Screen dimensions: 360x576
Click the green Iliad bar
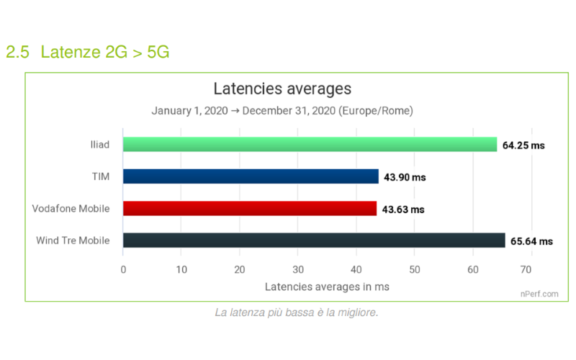coord(310,145)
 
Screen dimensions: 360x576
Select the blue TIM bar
coord(251,176)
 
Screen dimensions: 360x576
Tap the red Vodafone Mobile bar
coord(250,209)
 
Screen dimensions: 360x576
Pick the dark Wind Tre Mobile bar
coord(314,240)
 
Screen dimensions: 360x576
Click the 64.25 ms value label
coord(523,145)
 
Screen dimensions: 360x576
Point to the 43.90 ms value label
coord(405,177)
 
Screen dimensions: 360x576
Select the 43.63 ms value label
coord(403,210)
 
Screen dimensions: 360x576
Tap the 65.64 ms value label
coord(532,241)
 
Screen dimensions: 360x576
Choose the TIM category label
coord(99,176)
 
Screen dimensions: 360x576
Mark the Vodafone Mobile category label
coord(71,209)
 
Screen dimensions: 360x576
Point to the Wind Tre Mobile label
coord(73,240)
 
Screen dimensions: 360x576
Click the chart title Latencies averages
coord(282,89)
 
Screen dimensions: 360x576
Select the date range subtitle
coord(282,112)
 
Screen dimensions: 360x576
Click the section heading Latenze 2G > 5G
coord(88,52)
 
